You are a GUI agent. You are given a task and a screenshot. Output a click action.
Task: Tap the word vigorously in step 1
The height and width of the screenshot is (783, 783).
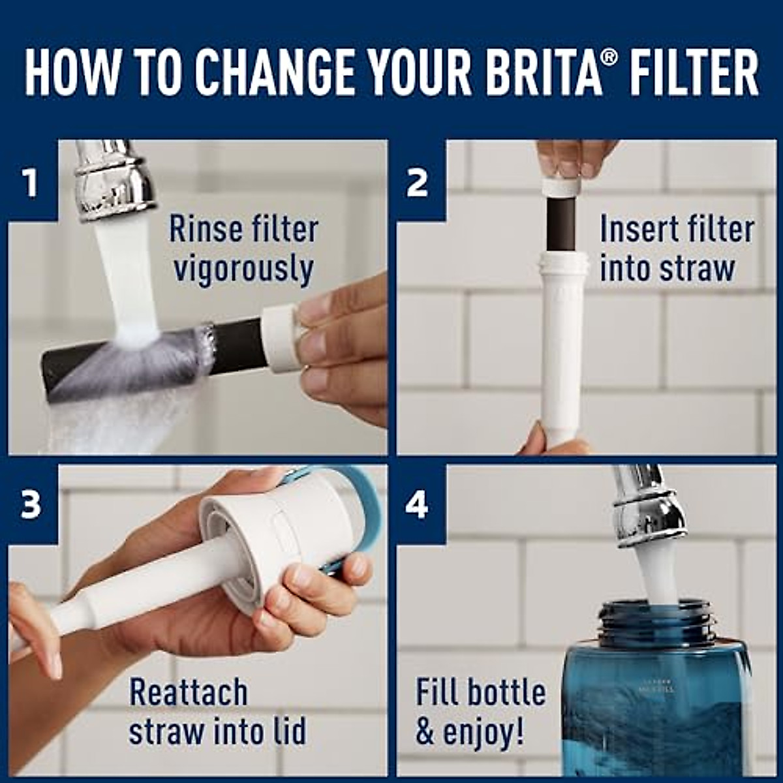pyautogui.click(x=243, y=269)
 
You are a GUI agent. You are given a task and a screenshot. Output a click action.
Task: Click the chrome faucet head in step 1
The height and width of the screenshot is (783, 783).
pyautogui.click(x=114, y=179)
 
